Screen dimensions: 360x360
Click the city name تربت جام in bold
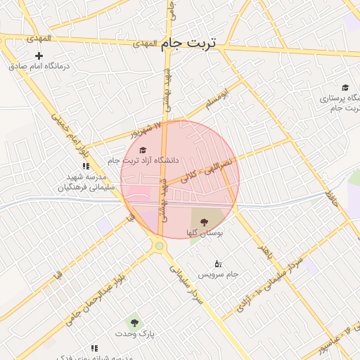[189, 44]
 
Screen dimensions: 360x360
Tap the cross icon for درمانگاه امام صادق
[39, 56]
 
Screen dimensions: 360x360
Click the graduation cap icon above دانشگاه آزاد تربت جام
[143, 150]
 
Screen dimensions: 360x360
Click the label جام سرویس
[218, 274]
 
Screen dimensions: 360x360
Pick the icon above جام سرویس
[218, 264]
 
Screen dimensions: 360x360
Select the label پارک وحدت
[141, 333]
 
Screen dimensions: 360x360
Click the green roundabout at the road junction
[160, 245]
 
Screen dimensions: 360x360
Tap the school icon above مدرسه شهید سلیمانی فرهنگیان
[86, 167]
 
